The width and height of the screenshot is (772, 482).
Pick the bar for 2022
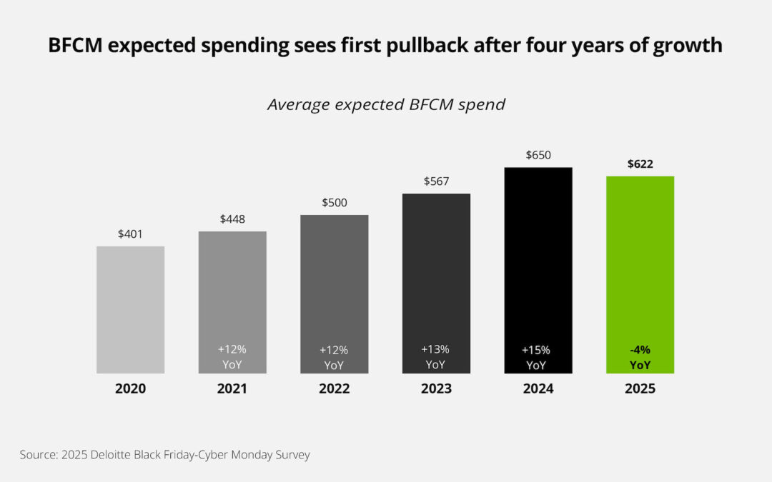pos(334,286)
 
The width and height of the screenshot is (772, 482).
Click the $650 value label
pos(538,155)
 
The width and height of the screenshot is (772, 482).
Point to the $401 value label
pos(130,234)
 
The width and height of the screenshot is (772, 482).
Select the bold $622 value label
pos(640,164)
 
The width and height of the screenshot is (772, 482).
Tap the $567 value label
pos(436,181)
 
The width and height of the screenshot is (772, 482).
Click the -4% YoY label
pos(640,357)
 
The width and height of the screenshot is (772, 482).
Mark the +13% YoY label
pos(436,357)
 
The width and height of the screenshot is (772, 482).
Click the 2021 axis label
pos(232,389)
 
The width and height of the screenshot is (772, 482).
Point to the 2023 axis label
pos(436,389)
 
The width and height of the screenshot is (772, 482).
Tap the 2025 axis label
pos(640,389)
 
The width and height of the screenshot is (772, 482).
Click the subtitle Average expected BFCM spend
pos(386,104)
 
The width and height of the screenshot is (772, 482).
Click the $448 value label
pos(232,219)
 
